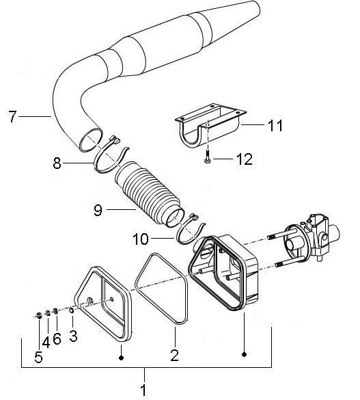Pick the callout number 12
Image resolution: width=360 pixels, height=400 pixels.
coord(225,161)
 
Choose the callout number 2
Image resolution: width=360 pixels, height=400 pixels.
coord(174,355)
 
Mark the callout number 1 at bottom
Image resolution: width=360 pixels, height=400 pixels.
coord(144,392)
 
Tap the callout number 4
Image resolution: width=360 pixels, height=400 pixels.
coord(46,340)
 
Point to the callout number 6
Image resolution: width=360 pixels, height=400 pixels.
coord(57,338)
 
